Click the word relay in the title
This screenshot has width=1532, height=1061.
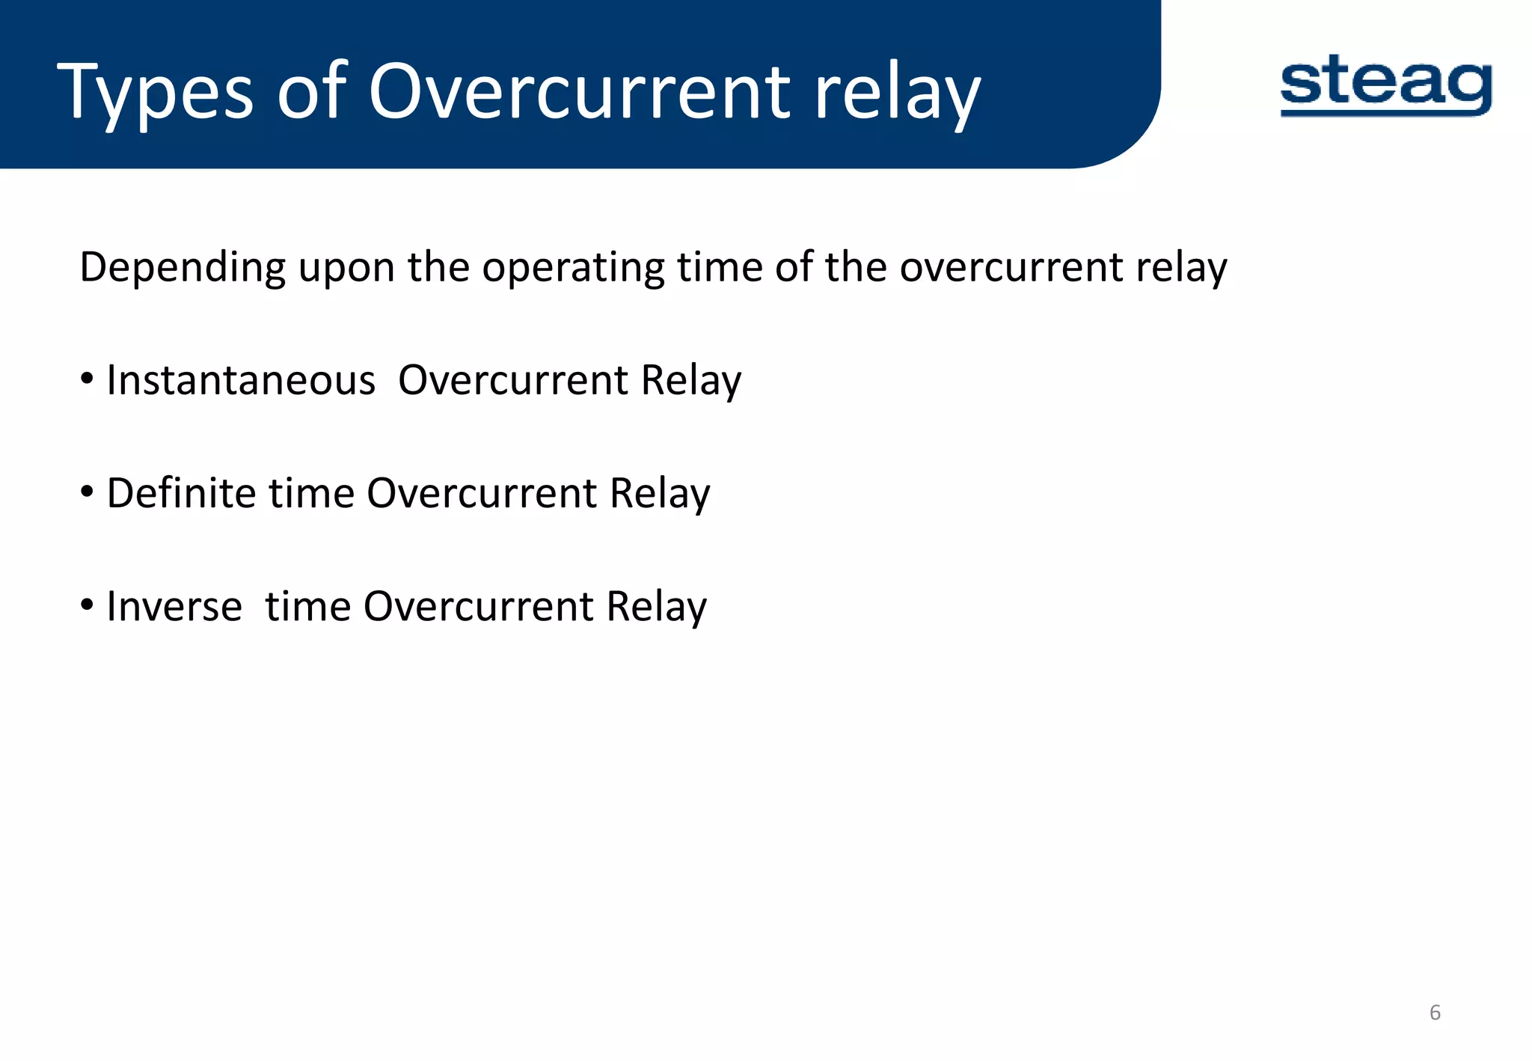tap(897, 94)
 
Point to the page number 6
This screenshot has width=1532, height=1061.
tap(1434, 1012)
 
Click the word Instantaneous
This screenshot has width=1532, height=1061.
tap(240, 380)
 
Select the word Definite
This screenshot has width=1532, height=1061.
tap(181, 493)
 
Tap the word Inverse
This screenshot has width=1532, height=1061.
tap(174, 606)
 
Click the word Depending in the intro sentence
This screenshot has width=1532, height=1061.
tap(183, 268)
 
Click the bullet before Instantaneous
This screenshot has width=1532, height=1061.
tap(88, 379)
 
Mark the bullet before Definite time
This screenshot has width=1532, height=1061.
tap(88, 492)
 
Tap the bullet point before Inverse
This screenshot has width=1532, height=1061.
tap(88, 605)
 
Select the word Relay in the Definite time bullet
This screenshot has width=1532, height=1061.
tap(659, 493)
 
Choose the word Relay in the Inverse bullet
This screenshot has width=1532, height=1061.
tap(656, 606)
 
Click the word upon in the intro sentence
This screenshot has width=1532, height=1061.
tap(346, 268)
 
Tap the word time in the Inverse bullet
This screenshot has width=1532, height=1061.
tap(307, 606)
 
